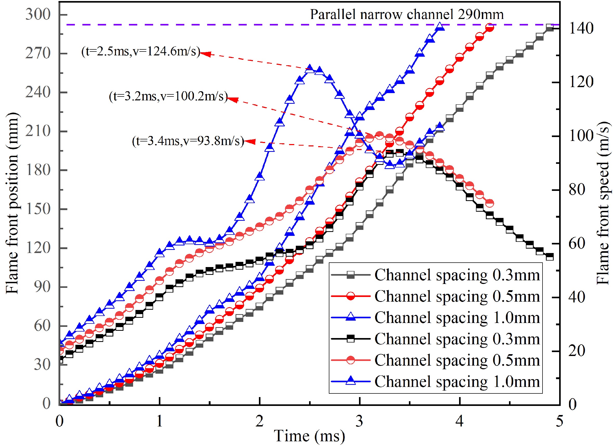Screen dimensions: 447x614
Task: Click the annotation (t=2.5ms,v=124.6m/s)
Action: click(141, 51)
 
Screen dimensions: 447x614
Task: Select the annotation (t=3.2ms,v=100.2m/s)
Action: click(168, 96)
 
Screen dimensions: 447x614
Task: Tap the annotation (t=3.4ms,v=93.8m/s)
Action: click(188, 141)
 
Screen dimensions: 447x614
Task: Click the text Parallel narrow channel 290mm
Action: click(407, 14)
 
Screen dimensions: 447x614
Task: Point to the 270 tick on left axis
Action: click(38, 53)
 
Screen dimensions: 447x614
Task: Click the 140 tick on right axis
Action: click(581, 28)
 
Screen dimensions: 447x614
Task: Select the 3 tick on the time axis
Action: click(359, 421)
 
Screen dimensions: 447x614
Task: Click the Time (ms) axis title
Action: click(309, 436)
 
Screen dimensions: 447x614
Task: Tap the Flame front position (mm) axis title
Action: click(12, 203)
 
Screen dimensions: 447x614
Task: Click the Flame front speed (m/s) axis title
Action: click(603, 203)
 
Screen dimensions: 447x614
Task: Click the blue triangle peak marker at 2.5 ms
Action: click(310, 69)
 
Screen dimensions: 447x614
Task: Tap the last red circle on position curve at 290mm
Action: click(489, 28)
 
